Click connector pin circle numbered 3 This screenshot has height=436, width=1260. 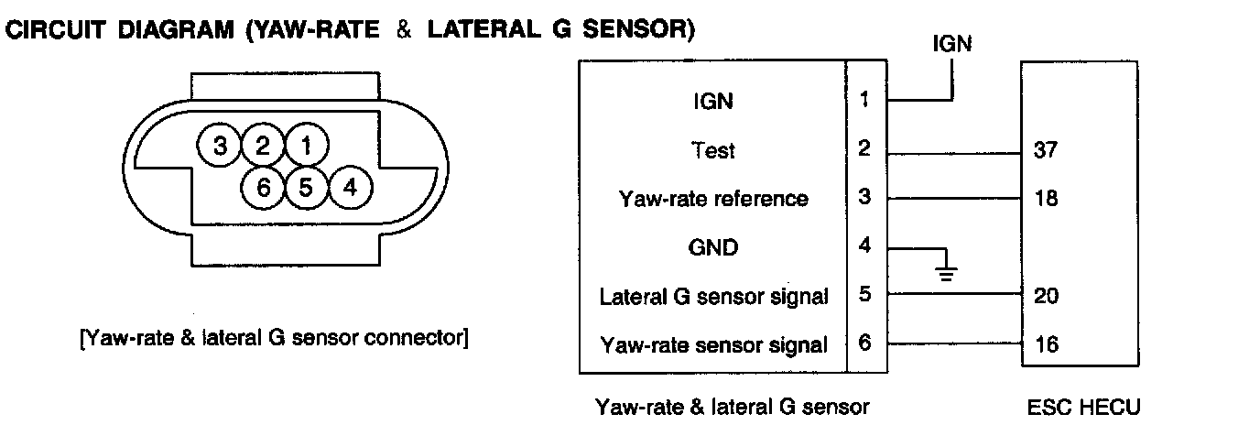click(220, 146)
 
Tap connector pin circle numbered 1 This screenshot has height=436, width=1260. click(307, 146)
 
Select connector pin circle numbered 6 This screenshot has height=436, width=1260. click(264, 189)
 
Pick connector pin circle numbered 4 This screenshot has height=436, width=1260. click(349, 189)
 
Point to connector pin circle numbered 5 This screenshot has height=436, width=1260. click(307, 189)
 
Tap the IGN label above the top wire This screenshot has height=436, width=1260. click(952, 43)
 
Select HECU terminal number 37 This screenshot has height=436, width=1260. click(1045, 149)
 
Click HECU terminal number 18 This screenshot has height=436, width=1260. click(1045, 199)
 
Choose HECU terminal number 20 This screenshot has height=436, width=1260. click(1045, 296)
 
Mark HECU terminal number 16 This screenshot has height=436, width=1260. click(1045, 345)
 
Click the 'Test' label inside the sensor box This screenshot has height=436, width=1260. click(713, 149)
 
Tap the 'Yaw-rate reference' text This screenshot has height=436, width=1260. click(713, 199)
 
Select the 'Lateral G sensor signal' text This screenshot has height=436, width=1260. click(713, 297)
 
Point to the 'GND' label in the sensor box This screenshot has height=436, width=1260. click(713, 247)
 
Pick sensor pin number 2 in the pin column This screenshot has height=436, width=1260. click(864, 148)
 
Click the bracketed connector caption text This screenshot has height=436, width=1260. click(275, 338)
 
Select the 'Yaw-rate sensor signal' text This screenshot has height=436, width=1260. click(713, 345)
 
